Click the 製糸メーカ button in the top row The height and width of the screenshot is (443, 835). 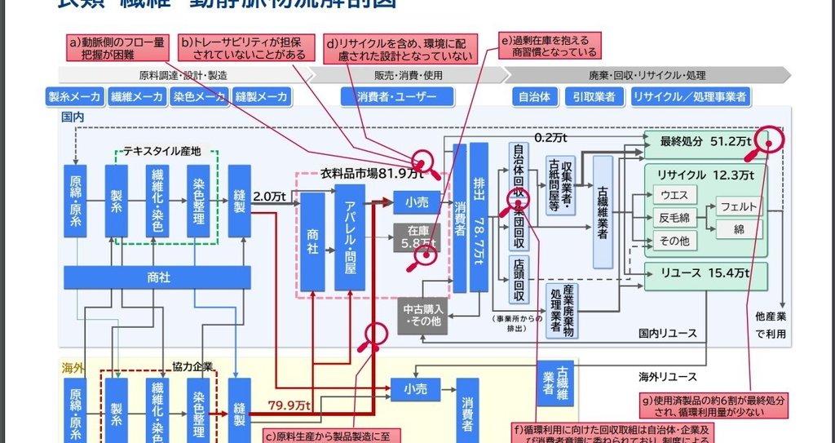tap(75, 96)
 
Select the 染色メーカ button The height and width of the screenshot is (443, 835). tap(200, 96)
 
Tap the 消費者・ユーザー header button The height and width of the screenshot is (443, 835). tap(396, 96)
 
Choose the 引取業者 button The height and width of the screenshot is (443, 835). tap(594, 96)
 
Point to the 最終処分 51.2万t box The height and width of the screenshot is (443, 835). tap(705, 141)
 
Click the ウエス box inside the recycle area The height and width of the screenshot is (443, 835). tap(674, 196)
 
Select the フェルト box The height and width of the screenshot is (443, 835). tap(739, 206)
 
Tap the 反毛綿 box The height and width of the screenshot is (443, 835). tap(674, 218)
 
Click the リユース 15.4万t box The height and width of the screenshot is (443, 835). tap(706, 273)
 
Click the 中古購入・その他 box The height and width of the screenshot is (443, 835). tap(422, 316)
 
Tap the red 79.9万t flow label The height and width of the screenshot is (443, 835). tap(289, 405)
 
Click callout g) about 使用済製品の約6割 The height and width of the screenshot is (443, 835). tap(714, 405)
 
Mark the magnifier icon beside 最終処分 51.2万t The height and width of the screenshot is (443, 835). tap(770, 142)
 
